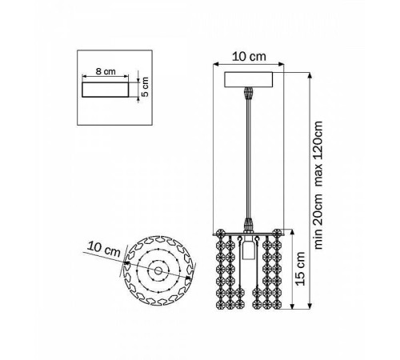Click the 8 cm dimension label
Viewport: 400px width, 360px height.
[106, 71]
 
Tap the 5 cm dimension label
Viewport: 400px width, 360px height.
[144, 86]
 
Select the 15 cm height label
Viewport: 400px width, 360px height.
[300, 269]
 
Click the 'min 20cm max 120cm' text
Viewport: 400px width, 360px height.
[318, 186]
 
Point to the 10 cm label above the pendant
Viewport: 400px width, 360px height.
[249, 57]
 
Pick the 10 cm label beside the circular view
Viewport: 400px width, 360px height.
[104, 249]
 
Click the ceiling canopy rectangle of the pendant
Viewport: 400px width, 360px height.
[249, 79]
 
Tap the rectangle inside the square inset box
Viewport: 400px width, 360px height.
[106, 90]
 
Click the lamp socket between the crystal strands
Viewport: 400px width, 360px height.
[249, 249]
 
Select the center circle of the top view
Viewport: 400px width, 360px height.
[158, 271]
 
